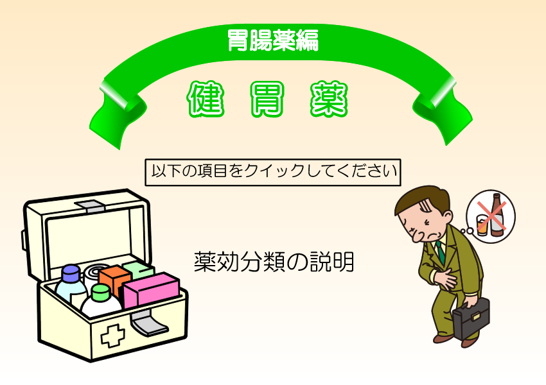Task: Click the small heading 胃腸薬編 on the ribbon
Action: (273, 40)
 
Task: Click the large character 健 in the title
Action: (206, 99)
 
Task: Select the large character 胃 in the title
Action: (267, 99)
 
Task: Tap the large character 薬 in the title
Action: (329, 99)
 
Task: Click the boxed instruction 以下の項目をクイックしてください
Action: (273, 172)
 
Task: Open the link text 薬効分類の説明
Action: (274, 262)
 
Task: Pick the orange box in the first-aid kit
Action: (114, 280)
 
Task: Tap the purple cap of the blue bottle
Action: (72, 273)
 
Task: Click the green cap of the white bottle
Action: (101, 292)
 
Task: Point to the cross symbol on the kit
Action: (112, 336)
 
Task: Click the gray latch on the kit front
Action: (148, 323)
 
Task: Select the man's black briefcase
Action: (471, 318)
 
